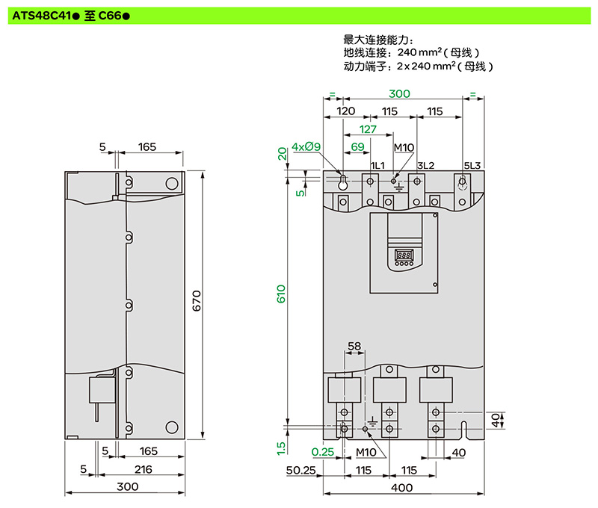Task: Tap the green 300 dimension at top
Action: [x=400, y=94]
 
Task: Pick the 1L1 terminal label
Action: [x=377, y=164]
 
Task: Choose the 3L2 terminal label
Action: [x=425, y=164]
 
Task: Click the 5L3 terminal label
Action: [x=472, y=164]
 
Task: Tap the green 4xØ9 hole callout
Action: [x=306, y=146]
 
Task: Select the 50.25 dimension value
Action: [x=302, y=471]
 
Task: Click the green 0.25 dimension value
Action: [x=322, y=451]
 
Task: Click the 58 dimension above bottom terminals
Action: [x=354, y=347]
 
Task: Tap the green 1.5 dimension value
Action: [x=281, y=447]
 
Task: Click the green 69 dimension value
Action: [x=357, y=146]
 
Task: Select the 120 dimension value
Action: [x=345, y=111]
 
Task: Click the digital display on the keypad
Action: [x=404, y=253]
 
